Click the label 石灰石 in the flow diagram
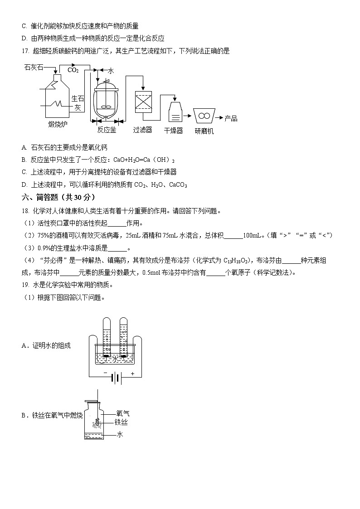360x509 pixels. [34, 68]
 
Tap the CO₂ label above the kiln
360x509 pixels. [73, 70]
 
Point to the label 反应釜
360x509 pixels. [107, 130]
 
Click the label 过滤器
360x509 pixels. [142, 130]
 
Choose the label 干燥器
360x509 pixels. [173, 131]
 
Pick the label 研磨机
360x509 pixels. [204, 131]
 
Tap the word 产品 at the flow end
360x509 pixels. [231, 118]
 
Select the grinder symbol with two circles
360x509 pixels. [204, 116]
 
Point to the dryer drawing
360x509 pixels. [175, 111]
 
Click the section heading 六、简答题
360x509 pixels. [58, 197]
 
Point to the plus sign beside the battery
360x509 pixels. [133, 374]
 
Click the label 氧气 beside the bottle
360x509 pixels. [122, 413]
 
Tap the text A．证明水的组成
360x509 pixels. [46, 346]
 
